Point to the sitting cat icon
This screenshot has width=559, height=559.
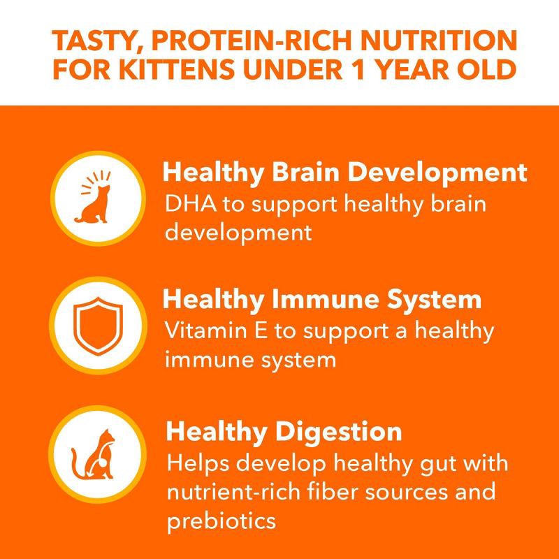(x=96, y=203)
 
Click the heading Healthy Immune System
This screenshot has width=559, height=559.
(x=322, y=300)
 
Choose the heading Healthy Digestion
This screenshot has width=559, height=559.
(x=283, y=431)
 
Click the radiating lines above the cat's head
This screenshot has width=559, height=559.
(x=96, y=179)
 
